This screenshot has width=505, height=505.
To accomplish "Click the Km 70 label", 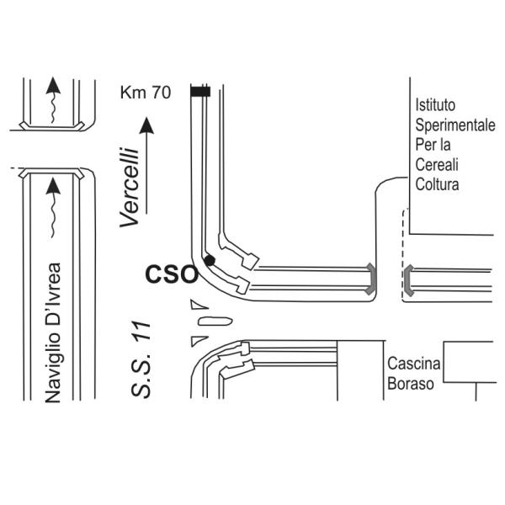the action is coord(146,93).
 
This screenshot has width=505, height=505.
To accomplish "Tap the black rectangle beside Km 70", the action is coord(200,92).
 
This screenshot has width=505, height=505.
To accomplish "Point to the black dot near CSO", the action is coord(210,260).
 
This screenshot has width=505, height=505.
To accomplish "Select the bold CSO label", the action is coord(172,274).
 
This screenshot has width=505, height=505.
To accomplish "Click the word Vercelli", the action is coord(129,187).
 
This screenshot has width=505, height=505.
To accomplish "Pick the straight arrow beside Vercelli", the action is coord(146,165).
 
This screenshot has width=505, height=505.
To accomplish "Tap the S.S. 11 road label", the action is coord(141,359).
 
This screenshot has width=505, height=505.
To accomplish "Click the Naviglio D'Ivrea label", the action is coord(53,332).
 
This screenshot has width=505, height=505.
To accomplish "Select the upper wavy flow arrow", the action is coord(53,100).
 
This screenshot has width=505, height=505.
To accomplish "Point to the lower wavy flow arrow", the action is coord(53,208).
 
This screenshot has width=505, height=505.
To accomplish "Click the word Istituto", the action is coord(435,105).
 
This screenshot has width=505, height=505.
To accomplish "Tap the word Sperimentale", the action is coord(455,125).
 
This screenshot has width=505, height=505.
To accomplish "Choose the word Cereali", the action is coord(437,165).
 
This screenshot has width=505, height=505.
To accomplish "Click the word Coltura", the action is coord(437,184).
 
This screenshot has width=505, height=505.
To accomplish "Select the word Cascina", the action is coord(413,364).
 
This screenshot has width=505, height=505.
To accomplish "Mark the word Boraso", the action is coord(411,384).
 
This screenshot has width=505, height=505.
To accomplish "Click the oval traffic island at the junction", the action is coord(215,322).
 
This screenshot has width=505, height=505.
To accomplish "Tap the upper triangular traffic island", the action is coord(198,305).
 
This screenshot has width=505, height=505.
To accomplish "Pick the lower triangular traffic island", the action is coord(198,341).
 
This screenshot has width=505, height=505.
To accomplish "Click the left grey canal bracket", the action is coord(372,279).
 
